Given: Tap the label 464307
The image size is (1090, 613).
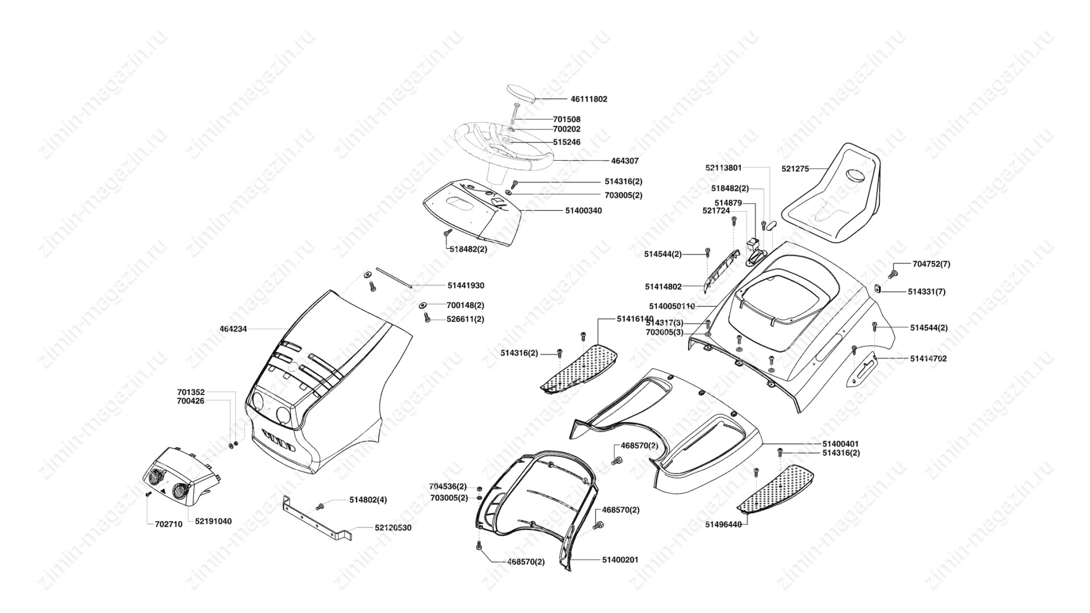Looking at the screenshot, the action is point(624,161).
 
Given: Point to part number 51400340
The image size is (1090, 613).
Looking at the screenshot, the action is point(583,211).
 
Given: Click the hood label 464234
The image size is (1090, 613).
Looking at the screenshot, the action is point(233,329).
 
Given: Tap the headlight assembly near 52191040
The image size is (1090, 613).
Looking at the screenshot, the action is point(179,476).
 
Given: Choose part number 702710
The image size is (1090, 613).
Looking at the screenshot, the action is point(169,524).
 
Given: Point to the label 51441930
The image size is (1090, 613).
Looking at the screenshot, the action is point(466,285).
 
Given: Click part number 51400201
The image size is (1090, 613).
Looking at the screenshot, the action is point(620,560).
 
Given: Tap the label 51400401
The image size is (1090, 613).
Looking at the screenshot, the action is point(840,443).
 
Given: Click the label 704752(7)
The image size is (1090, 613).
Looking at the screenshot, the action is point(931,264).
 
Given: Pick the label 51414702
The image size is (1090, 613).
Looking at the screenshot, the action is point(928,359).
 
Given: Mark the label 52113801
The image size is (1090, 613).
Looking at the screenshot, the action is point(723,168).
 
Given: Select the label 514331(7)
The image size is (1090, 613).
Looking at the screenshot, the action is point(927,292).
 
